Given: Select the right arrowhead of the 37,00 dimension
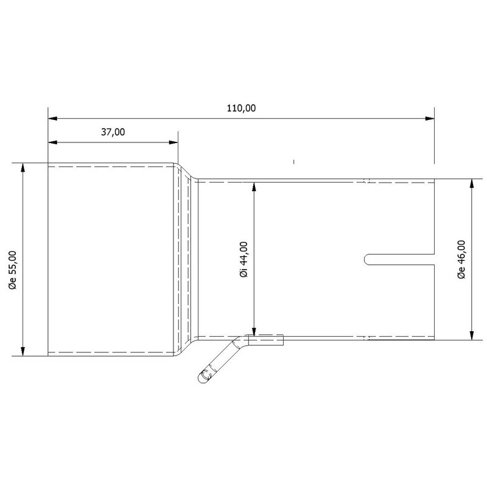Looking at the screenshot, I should tap(173, 142).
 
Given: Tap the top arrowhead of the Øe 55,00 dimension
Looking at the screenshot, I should tap(24, 167).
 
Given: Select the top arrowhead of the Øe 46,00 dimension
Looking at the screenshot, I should tap(472, 183).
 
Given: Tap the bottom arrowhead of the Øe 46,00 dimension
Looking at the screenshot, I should tap(472, 335).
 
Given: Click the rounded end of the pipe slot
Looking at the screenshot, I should tap(367, 259).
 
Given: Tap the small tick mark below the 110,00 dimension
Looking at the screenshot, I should tap(293, 162).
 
